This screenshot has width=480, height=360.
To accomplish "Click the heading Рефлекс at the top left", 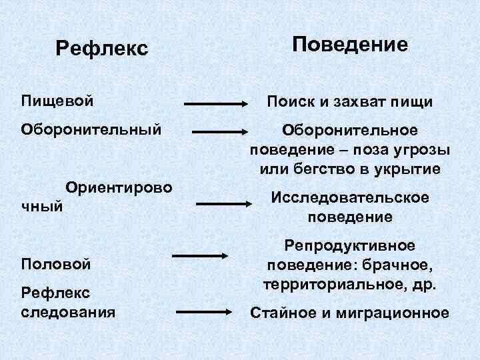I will click(101, 49).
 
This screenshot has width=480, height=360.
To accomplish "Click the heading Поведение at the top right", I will click(350, 45).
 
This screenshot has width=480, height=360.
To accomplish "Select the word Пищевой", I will click(57, 101).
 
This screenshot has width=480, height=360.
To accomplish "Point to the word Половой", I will click(55, 263).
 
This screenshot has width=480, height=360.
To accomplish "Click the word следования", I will click(68, 311).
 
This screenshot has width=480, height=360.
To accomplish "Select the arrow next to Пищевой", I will click(216, 104).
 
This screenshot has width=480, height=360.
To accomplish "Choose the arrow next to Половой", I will click(201, 255).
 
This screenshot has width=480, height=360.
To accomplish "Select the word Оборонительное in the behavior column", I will click(350, 129).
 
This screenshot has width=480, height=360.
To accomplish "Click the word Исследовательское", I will click(349, 198).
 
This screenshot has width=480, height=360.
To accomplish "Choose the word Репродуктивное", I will click(350, 246).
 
